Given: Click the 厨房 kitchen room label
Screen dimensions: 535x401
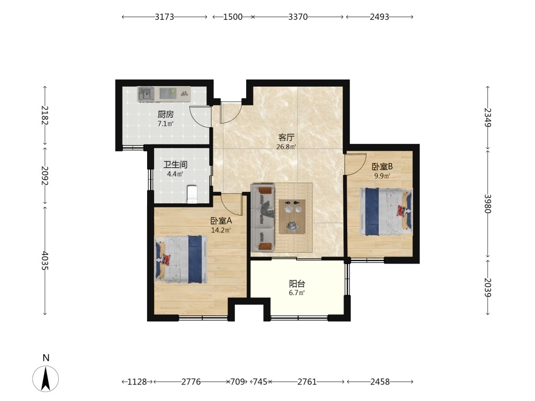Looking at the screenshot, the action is click(x=165, y=114).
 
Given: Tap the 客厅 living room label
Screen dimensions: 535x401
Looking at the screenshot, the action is click(x=286, y=138).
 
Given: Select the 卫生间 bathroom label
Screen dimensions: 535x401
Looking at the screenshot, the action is click(x=175, y=165).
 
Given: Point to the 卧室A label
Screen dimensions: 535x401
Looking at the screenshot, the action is click(x=221, y=221).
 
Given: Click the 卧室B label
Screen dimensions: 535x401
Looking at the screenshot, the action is click(x=382, y=167).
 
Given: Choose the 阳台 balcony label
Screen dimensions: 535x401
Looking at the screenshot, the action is click(x=297, y=284).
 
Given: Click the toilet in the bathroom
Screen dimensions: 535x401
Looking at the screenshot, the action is click(x=193, y=194).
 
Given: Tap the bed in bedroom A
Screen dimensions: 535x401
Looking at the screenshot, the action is click(x=181, y=259).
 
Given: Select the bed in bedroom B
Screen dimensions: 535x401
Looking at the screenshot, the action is click(x=386, y=211).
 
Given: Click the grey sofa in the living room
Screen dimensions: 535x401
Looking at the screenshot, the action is click(x=262, y=218).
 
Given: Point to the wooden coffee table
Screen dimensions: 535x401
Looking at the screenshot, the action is click(x=292, y=217).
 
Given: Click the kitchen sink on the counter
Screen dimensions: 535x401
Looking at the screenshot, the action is click(x=147, y=94).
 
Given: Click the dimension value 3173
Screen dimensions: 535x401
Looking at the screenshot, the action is click(x=164, y=17).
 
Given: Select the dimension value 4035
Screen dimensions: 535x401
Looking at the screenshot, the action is click(x=45, y=261).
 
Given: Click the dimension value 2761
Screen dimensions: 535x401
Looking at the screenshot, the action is click(x=307, y=382).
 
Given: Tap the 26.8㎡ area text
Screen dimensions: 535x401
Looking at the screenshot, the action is click(x=286, y=147).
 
